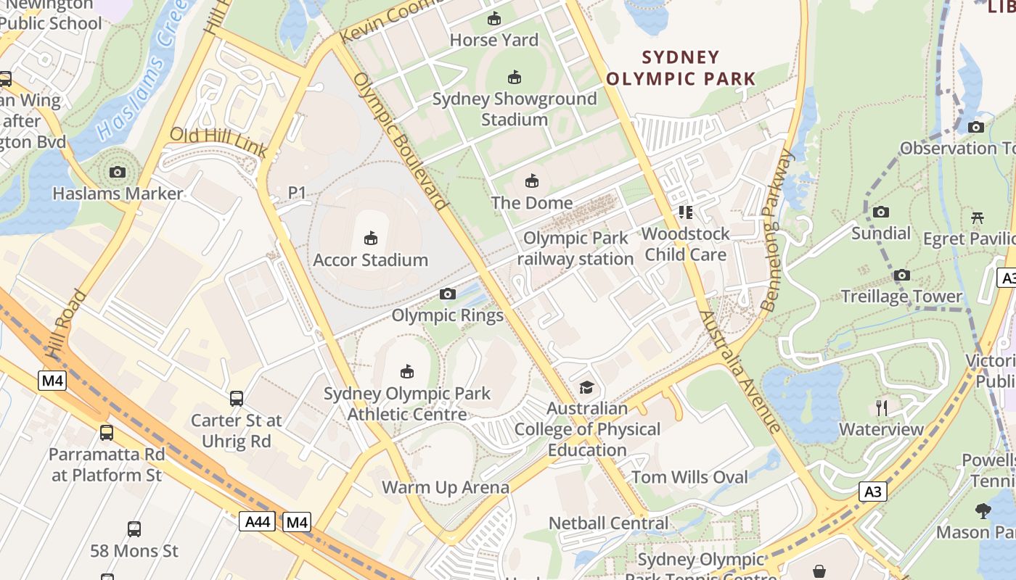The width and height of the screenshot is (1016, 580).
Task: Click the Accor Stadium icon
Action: (371, 237)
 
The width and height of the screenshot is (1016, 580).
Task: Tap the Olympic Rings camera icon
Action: (448, 294)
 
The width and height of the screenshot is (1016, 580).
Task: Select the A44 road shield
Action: (257, 521)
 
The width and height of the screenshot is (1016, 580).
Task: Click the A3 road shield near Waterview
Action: (873, 492)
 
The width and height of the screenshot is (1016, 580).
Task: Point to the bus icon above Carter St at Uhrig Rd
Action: (237, 398)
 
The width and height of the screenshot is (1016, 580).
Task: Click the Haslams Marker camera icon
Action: (118, 172)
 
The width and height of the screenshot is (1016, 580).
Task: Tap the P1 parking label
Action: (298, 193)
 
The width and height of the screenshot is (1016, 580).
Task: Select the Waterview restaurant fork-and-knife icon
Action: (882, 407)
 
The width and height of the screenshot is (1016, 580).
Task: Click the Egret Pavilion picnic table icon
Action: (978, 217)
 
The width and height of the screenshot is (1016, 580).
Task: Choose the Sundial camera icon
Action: (881, 212)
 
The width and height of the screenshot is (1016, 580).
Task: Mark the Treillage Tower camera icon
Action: (902, 275)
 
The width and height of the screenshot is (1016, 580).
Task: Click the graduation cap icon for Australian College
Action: (586, 387)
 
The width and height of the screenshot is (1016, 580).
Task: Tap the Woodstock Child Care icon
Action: (686, 212)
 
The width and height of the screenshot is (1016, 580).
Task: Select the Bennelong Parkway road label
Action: (778, 231)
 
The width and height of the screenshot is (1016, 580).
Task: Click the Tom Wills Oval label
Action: (689, 477)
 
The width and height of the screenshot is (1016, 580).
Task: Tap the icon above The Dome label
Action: (532, 181)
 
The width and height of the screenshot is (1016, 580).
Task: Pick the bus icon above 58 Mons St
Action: (134, 529)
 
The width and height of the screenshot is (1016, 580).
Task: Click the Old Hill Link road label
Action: (218, 142)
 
